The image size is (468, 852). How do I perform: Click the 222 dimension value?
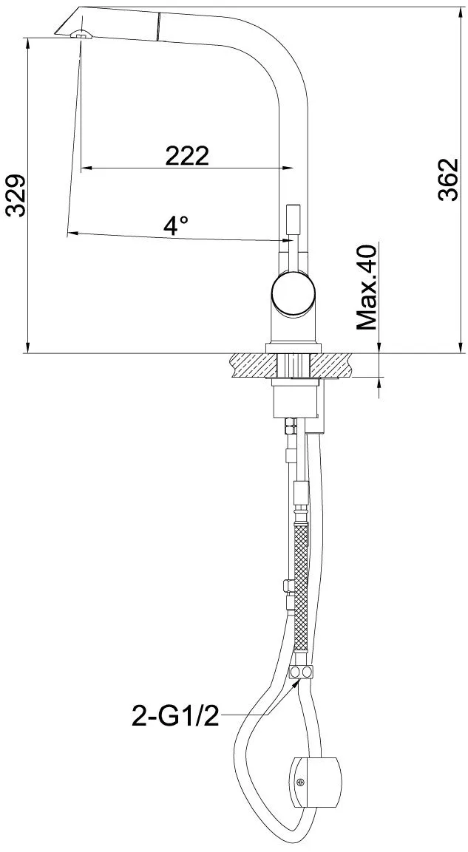[187, 157]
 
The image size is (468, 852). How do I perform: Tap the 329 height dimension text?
[16, 196]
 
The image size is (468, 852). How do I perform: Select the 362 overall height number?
[450, 180]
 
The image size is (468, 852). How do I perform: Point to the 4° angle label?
[176, 225]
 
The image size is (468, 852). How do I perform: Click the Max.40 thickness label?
[367, 287]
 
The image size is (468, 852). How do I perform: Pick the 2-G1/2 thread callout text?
[175, 716]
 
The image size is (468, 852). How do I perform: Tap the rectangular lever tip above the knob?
[293, 222]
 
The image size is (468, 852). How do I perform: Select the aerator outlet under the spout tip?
[83, 34]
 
